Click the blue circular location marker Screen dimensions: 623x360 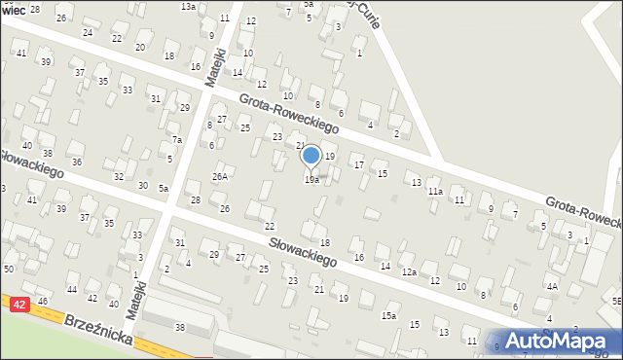[x=311, y=155]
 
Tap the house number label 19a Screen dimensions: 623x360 [x=311, y=179]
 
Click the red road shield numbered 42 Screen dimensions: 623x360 [x=18, y=305]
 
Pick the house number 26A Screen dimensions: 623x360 [x=221, y=176]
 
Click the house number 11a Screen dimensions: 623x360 [x=435, y=192]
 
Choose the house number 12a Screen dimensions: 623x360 [x=410, y=271]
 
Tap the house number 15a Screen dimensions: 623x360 [x=389, y=315]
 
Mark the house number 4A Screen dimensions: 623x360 [x=552, y=286]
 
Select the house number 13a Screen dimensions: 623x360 [x=188, y=6]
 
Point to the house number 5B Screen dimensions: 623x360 [x=616, y=302]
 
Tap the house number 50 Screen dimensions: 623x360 [x=9, y=268]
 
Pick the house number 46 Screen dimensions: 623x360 [x=43, y=303]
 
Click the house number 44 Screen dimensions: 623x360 [x=72, y=290]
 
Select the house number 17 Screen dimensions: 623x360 [x=358, y=164]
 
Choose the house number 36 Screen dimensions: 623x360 [x=76, y=162]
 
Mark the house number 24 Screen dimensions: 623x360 [x=88, y=32]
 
